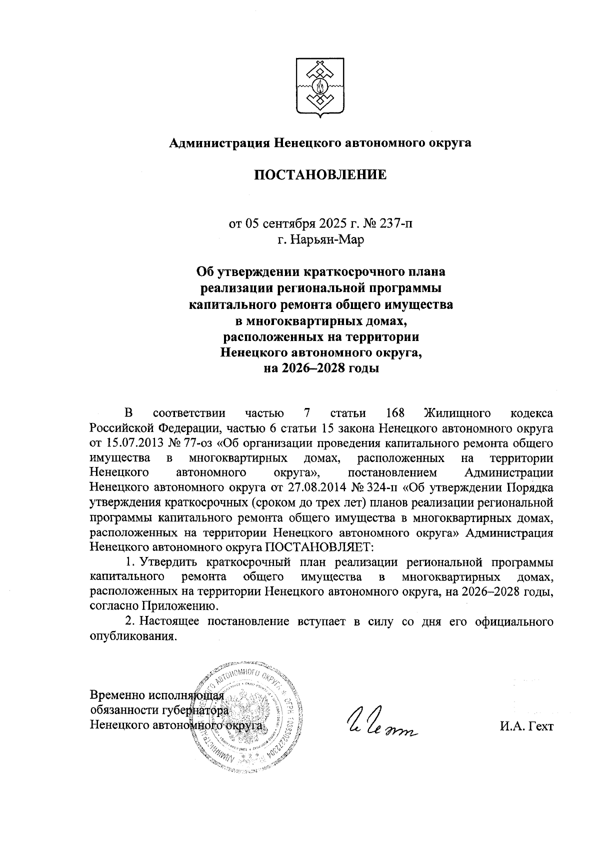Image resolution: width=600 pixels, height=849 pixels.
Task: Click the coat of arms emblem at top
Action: (x=320, y=88)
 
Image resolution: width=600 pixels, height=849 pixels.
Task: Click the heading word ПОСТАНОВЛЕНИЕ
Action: (x=320, y=175)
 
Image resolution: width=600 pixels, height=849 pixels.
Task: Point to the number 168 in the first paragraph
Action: (x=395, y=414)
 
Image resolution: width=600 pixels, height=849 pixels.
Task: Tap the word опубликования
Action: (x=133, y=636)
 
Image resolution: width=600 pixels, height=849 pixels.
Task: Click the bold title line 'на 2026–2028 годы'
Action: (x=320, y=369)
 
